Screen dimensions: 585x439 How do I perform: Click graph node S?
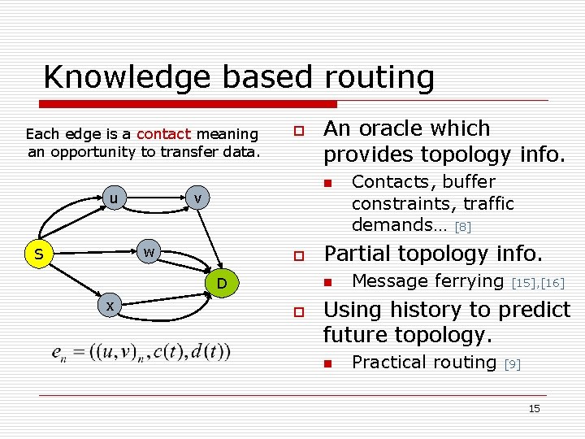click(x=38, y=255)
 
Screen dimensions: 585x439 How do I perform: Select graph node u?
click(x=115, y=198)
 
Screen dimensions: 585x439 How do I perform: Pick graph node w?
click(x=149, y=251)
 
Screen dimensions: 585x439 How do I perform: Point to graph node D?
click(x=220, y=283)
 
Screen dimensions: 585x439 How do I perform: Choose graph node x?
click(x=109, y=304)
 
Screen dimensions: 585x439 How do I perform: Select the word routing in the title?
click(x=379, y=77)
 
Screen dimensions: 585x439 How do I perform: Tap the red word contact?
click(x=163, y=134)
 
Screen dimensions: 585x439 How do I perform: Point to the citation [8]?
click(x=463, y=227)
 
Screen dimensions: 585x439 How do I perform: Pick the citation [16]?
click(x=552, y=283)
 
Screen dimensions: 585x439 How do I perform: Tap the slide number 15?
click(x=534, y=409)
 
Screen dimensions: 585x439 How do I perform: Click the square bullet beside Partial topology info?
click(x=299, y=255)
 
